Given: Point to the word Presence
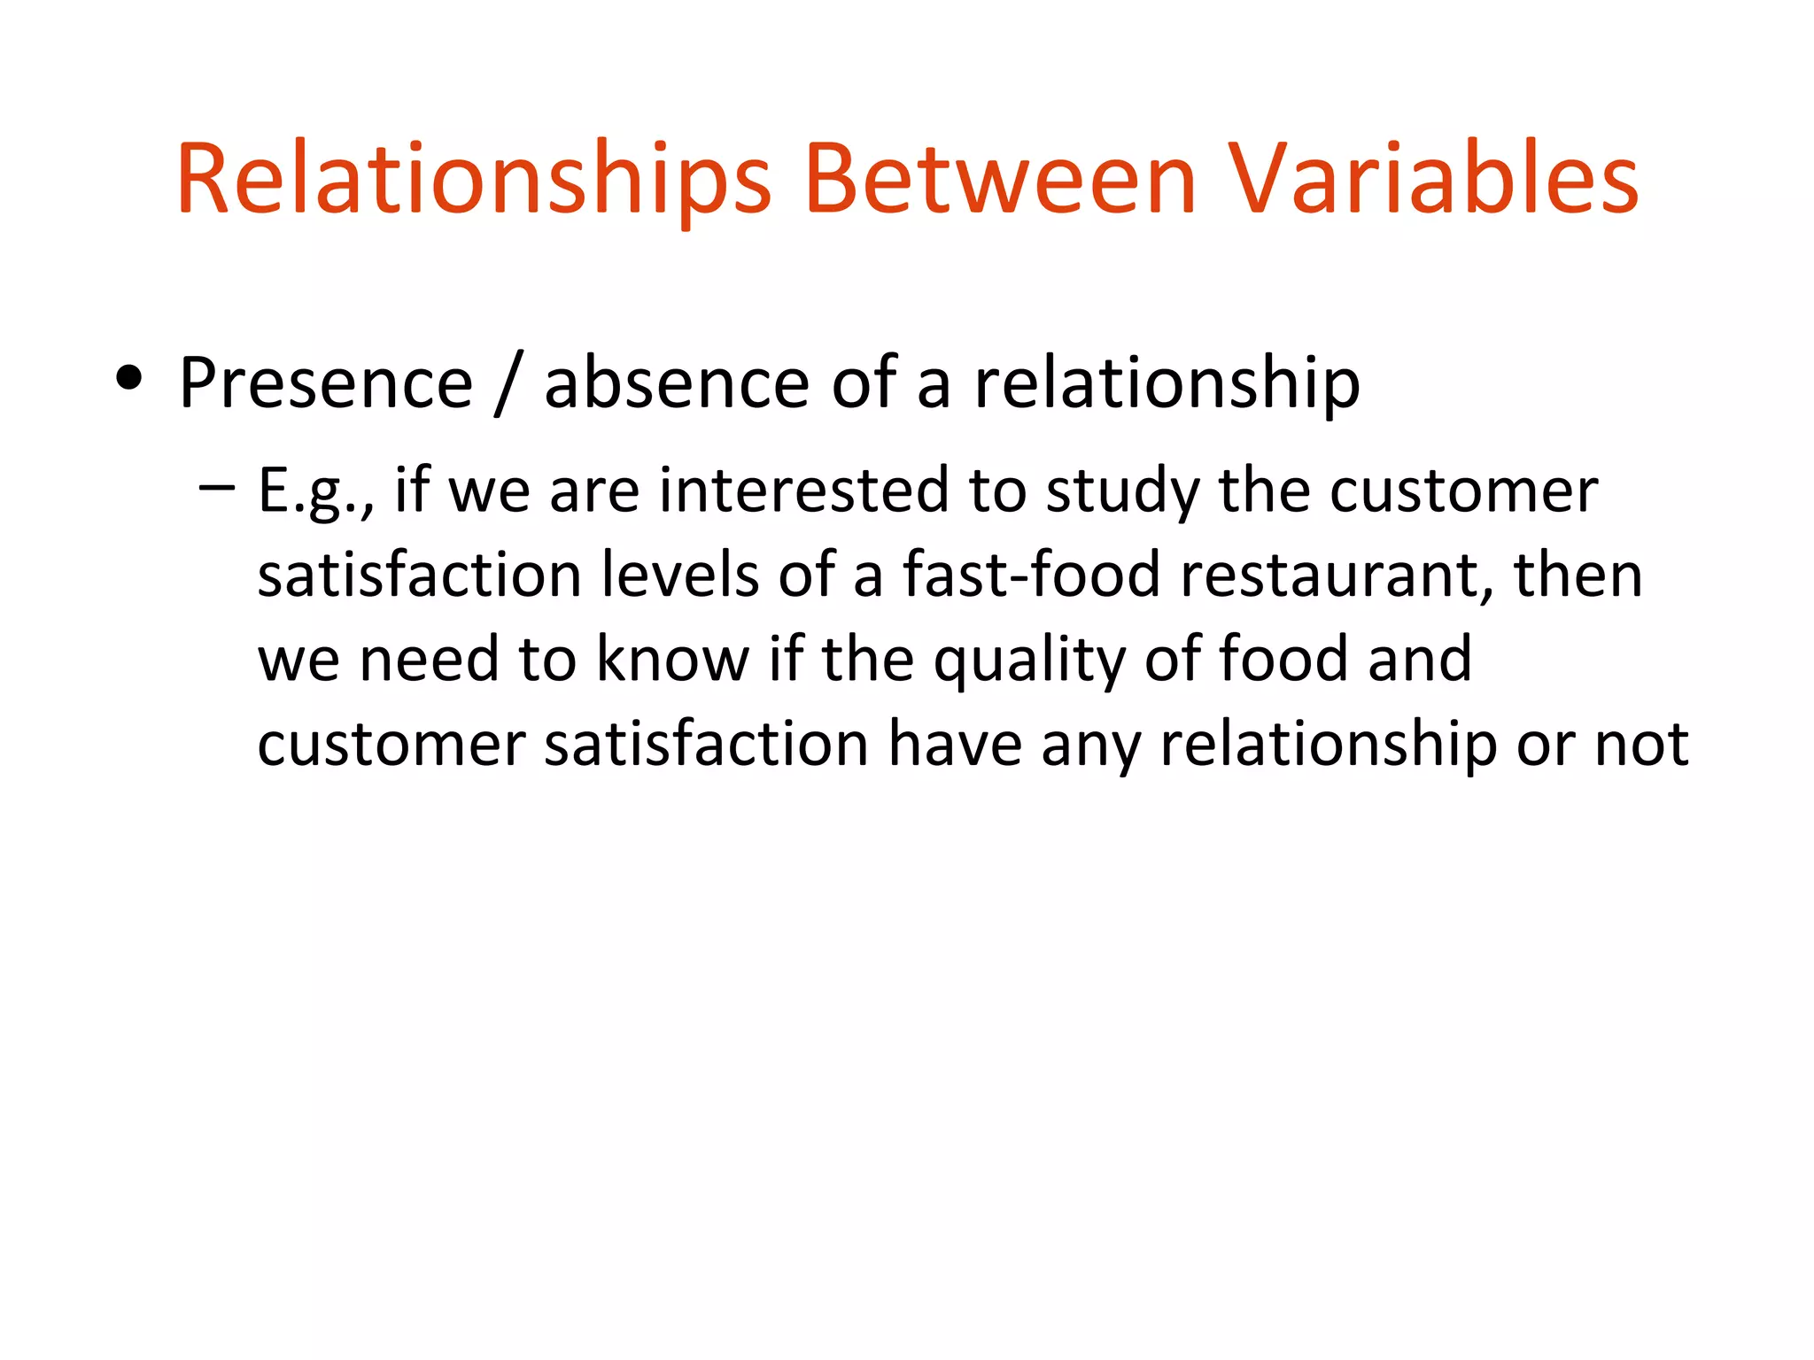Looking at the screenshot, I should pos(326,383).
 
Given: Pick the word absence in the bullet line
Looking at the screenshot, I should pos(677,383).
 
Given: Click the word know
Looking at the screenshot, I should pos(673,659).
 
